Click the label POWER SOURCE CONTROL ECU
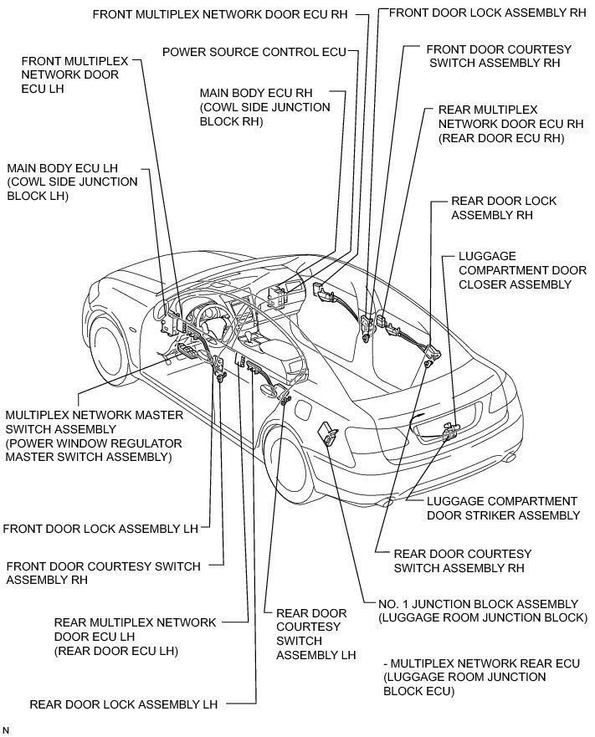click(x=254, y=52)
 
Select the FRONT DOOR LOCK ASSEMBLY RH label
click(x=488, y=13)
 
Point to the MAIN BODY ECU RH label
click(x=264, y=107)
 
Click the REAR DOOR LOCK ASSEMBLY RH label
click(x=504, y=208)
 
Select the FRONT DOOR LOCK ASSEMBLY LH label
click(x=100, y=529)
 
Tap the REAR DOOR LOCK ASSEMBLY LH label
click(x=123, y=704)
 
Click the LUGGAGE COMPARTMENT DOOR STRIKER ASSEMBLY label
click(x=502, y=508)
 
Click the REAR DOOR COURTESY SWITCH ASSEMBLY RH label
click(x=462, y=560)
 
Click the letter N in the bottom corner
click(x=6, y=730)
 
